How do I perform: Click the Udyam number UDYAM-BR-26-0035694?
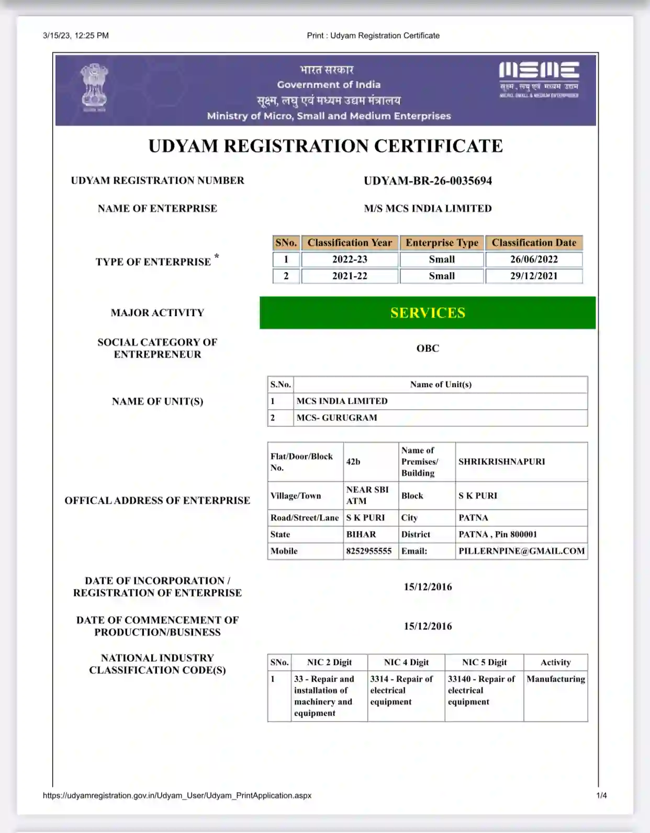[428, 181]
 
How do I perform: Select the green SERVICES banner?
[427, 313]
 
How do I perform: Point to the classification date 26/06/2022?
[534, 260]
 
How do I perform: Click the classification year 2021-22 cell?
[350, 276]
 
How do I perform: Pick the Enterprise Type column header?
[442, 243]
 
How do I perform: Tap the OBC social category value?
[428, 348]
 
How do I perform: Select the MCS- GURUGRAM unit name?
[337, 418]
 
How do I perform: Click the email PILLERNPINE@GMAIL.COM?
[521, 551]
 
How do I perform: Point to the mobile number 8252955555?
[368, 551]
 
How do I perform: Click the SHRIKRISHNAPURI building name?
[501, 461]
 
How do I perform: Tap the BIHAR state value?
[361, 534]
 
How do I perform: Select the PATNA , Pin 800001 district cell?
[498, 534]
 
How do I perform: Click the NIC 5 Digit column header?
[484, 662]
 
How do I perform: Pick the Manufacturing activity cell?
[555, 679]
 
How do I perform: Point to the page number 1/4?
[601, 796]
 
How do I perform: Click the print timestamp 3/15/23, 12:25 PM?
[76, 36]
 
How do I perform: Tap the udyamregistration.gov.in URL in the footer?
[177, 796]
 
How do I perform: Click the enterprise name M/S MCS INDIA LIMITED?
[428, 209]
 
